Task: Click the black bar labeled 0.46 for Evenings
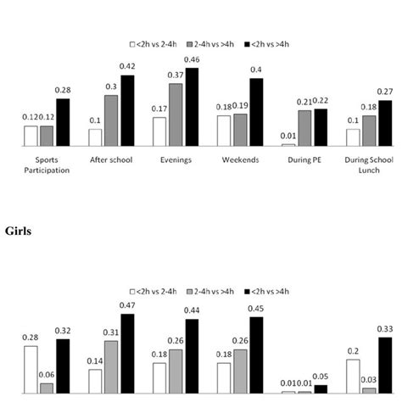coord(192,107)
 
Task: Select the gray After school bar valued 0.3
coord(111,120)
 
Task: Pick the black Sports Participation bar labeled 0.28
coord(63,123)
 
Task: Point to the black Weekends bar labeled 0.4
coord(256,112)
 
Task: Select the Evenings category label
coord(176,159)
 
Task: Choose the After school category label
coord(111,159)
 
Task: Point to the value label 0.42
coord(127,67)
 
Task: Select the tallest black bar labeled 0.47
coord(127,353)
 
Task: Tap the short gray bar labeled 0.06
coord(47,388)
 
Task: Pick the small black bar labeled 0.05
coord(321,388)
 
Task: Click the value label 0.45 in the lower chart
coord(256,309)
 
